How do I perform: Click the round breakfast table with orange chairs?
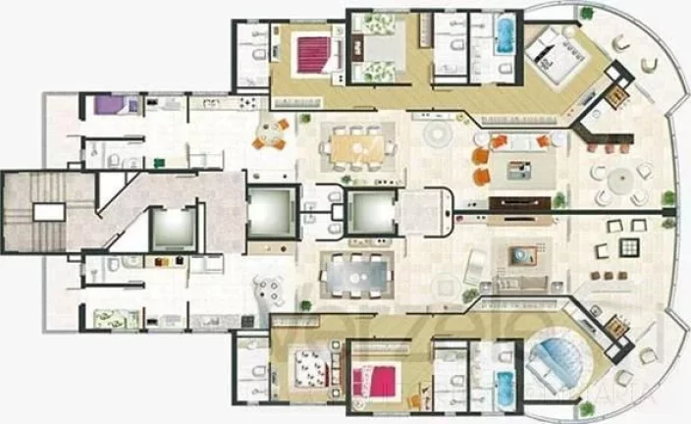tap(269, 133)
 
